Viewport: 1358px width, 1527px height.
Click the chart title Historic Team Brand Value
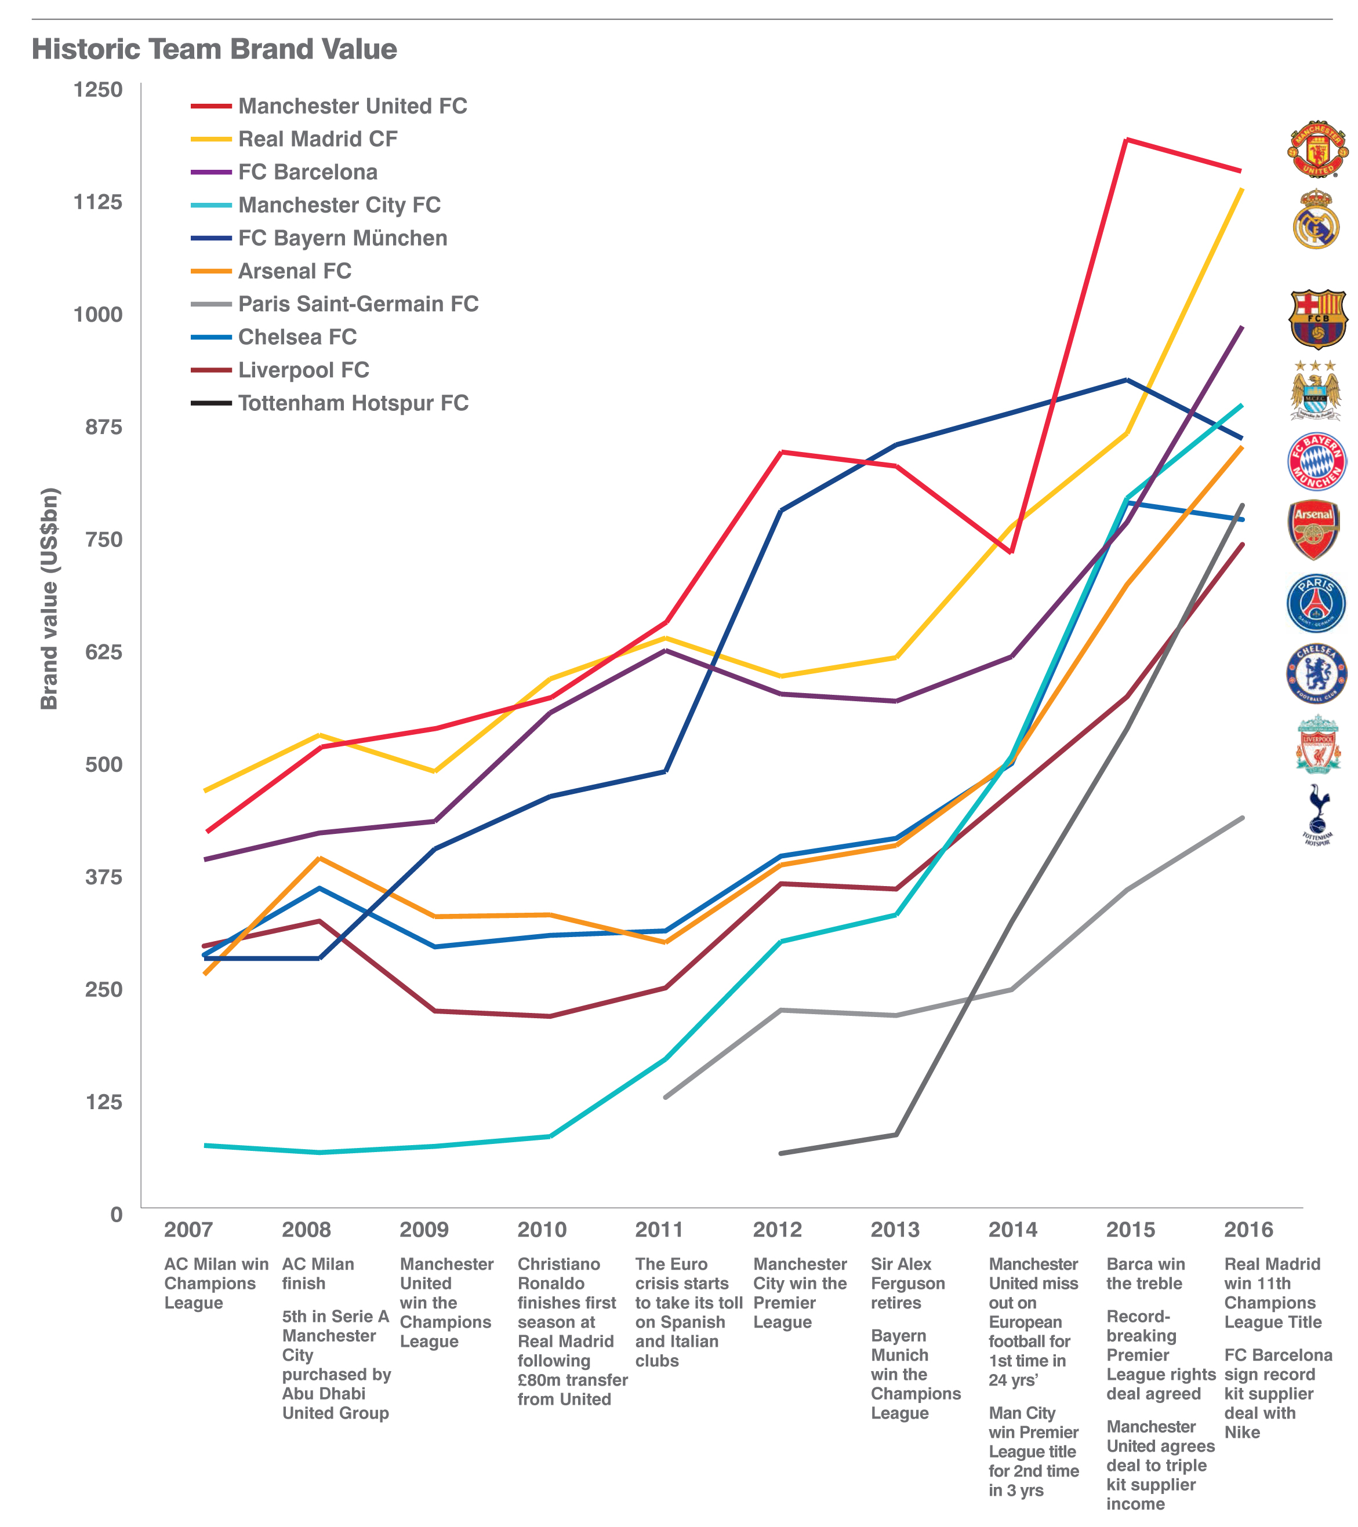214,49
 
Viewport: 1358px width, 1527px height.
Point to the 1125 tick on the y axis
98,202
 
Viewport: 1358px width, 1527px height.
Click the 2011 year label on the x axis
659,1230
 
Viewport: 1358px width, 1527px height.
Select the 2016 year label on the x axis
1248,1230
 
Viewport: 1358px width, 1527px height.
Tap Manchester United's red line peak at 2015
1126,140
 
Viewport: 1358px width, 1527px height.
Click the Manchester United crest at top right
1317,150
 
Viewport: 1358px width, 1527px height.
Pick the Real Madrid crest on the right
1316,220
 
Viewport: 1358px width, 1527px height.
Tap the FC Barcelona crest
1317,319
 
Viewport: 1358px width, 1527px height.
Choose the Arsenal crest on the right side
1314,530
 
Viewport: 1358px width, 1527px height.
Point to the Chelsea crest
1316,674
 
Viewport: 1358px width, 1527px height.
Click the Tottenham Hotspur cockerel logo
1317,814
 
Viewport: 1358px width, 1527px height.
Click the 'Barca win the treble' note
1145,1274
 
